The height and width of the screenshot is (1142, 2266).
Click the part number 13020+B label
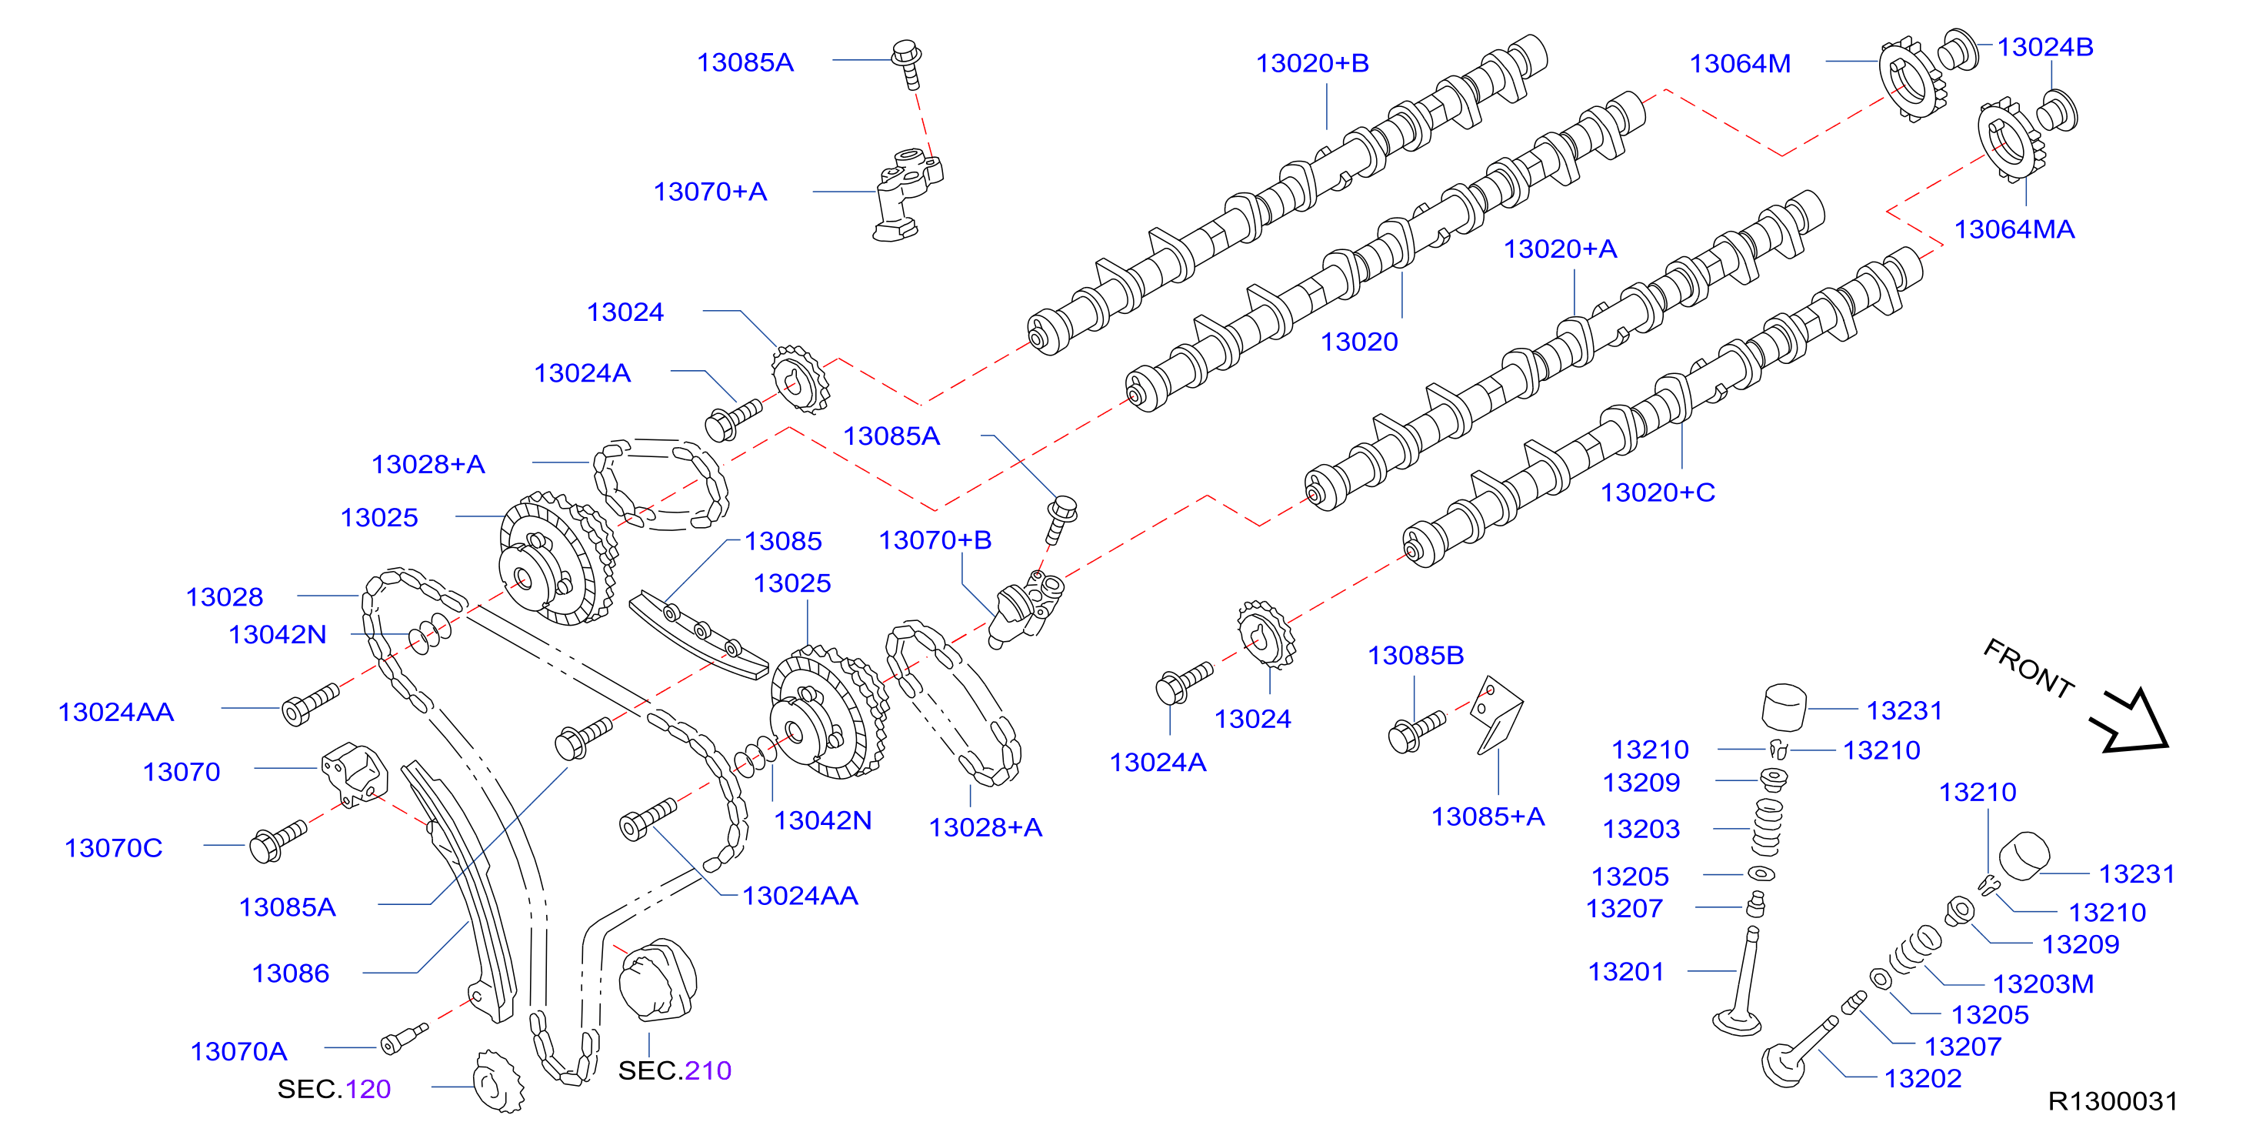pos(1311,63)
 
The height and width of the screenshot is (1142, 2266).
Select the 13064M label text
pos(1739,63)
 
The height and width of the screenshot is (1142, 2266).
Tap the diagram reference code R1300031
pos(2112,1100)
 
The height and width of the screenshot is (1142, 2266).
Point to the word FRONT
pos(2028,668)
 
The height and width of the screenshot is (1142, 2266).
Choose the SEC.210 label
pos(675,1070)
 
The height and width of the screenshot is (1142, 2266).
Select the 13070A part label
pos(238,1050)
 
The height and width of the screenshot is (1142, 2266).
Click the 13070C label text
pos(114,847)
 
